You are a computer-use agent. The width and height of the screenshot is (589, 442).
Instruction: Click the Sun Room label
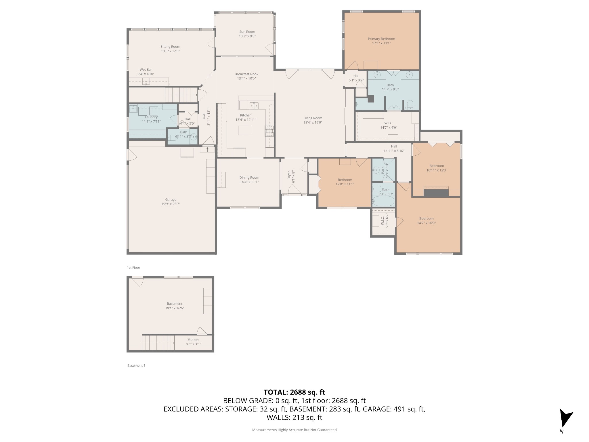point(247,32)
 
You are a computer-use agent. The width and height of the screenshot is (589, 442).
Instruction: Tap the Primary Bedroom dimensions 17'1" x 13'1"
point(381,43)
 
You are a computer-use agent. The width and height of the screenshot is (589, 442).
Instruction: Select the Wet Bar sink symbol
point(146,81)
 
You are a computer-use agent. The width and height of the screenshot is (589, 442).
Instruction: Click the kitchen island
point(244,130)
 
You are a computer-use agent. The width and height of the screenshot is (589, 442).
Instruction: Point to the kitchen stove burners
point(269,131)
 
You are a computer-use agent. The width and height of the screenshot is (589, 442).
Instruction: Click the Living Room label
point(313,118)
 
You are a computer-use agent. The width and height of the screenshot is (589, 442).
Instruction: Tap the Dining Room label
point(249,178)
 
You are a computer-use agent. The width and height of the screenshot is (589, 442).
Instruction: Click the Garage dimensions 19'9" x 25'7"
point(171,204)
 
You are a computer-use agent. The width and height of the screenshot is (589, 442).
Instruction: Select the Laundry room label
point(151,117)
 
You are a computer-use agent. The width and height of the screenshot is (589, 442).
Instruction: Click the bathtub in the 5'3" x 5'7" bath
point(383,201)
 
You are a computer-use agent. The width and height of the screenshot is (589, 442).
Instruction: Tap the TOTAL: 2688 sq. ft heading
point(294,392)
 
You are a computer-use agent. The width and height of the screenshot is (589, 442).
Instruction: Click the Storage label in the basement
point(193,339)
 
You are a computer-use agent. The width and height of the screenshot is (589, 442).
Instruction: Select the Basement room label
point(175,304)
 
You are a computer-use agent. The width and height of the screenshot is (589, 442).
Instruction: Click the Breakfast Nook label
point(246,74)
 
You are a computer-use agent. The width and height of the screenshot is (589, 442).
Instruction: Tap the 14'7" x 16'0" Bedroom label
point(426,218)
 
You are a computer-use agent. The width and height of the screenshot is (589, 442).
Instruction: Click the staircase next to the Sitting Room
point(181,95)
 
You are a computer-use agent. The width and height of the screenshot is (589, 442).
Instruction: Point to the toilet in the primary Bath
point(410,104)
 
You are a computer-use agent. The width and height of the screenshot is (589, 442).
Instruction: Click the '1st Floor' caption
point(133,268)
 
